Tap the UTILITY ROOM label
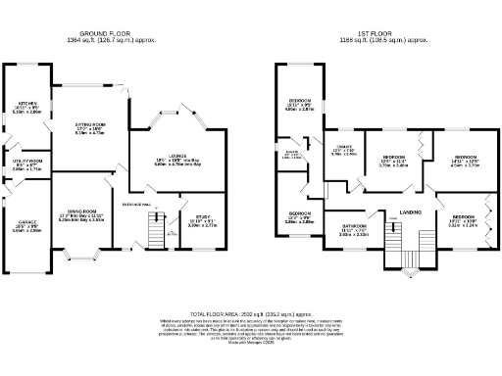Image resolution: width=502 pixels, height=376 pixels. coord(26,160)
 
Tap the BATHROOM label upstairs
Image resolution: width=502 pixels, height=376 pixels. coord(353,228)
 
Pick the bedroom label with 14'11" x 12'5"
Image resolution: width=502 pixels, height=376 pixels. coord(466,158)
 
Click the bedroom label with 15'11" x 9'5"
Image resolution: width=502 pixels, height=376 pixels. coord(299,102)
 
